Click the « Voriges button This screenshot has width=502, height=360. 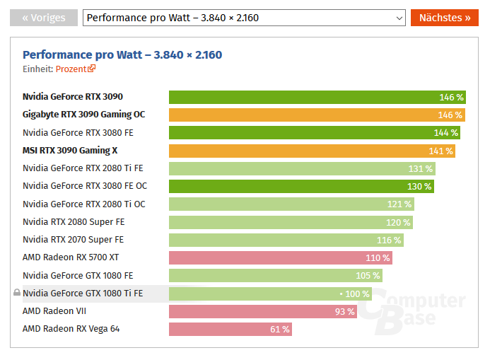(43, 17)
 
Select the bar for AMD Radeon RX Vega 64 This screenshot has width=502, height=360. (230, 329)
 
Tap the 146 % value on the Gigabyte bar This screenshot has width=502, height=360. (450, 115)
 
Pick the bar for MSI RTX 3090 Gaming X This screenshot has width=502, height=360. (311, 151)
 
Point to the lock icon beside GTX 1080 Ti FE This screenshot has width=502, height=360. (17, 293)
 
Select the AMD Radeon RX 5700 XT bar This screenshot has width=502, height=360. (280, 257)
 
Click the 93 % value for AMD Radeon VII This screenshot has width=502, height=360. (344, 311)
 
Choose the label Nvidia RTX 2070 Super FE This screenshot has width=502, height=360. (73, 240)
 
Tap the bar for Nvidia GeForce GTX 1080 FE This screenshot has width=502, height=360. (275, 275)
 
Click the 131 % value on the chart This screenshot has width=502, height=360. (420, 168)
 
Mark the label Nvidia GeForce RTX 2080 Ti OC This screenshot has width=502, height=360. (83, 204)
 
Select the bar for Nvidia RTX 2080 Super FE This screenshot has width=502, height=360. (290, 222)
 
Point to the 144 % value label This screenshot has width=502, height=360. (445, 132)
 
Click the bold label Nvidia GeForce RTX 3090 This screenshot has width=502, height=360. (78, 97)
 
